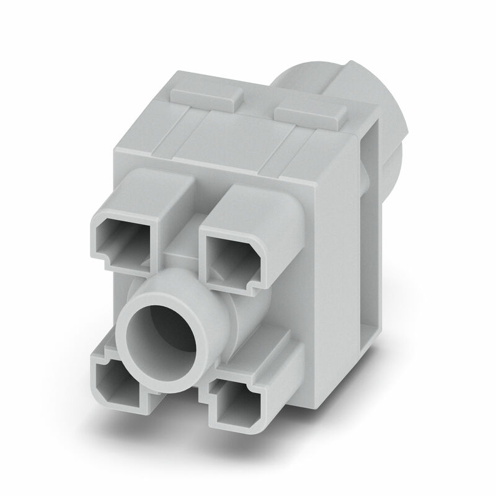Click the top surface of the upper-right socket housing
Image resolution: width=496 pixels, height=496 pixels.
pos(254,205)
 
